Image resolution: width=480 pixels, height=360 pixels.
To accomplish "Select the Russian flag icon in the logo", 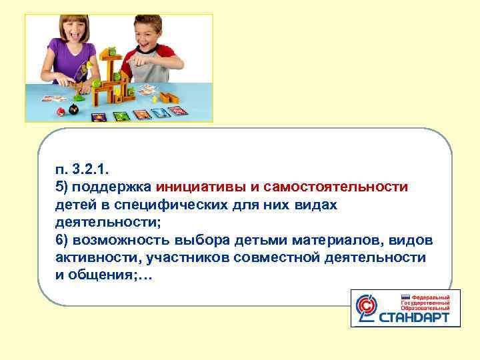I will pos(404,297).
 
